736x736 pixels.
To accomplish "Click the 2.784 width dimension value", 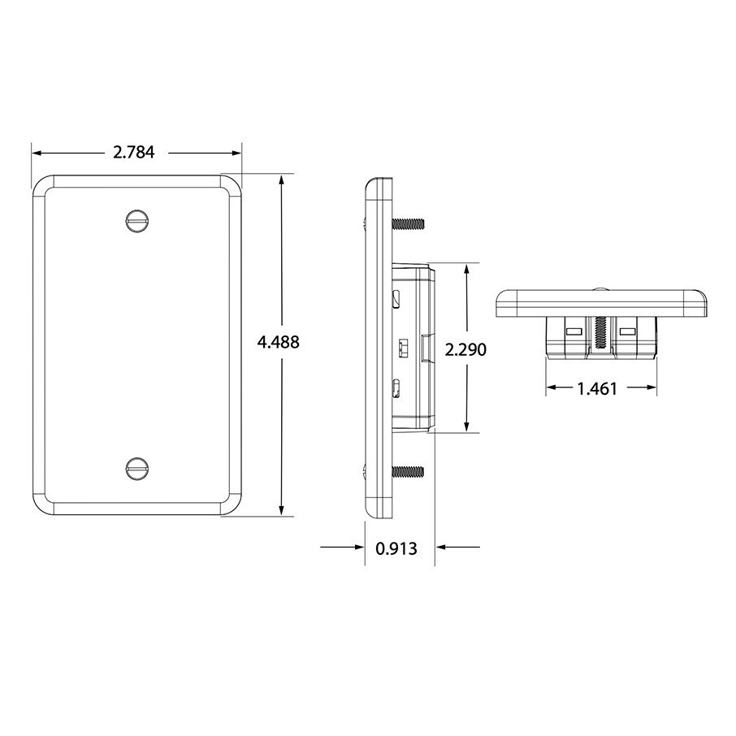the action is [134, 152].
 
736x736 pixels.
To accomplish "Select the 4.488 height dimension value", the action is [278, 342].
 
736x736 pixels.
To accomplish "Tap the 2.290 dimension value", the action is [465, 349].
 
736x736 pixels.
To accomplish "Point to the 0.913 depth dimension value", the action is [396, 548].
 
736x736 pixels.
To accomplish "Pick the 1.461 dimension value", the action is [596, 388].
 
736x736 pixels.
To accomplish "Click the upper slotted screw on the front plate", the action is [137, 219].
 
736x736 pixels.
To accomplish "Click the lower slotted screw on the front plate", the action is [137, 467].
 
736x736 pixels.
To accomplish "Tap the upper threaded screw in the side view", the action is [408, 223].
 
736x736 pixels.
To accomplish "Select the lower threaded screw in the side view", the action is [408, 471].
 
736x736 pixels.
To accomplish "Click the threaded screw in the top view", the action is [601, 332].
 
